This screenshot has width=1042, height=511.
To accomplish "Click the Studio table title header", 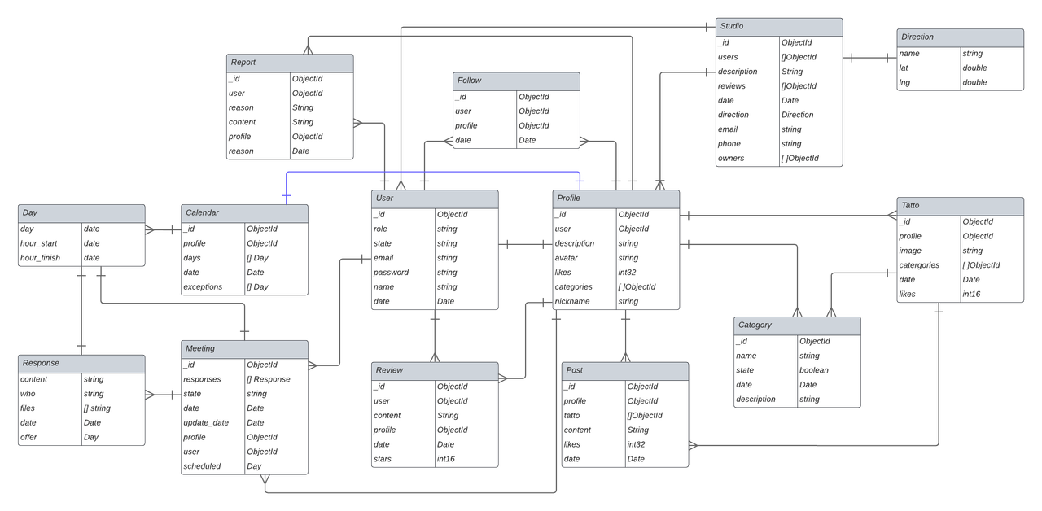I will tap(779, 27).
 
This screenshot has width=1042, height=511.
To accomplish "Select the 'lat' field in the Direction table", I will tap(904, 68).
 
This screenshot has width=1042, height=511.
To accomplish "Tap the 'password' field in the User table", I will tap(391, 273).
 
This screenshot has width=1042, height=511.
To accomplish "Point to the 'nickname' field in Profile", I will tap(573, 302).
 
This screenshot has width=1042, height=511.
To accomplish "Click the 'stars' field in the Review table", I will tap(382, 460).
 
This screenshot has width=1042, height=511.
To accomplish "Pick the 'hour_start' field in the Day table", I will tap(38, 243).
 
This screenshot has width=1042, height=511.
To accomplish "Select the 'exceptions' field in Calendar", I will tap(203, 287).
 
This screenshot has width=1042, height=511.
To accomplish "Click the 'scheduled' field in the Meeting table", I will tap(202, 466).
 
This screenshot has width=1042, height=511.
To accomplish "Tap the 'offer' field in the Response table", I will tap(29, 438).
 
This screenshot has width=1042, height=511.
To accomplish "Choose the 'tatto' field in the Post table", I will tap(572, 416).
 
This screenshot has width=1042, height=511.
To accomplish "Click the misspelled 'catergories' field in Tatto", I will tap(920, 265).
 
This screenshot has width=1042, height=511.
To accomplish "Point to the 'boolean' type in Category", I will tap(813, 370).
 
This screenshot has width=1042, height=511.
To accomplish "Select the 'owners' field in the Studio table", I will tap(730, 159).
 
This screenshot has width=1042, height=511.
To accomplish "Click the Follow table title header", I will tap(516, 81).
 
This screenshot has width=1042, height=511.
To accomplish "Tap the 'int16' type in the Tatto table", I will tap(973, 295).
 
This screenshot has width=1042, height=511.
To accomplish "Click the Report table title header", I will tap(290, 63).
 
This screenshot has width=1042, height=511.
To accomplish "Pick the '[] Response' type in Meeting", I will tap(268, 379).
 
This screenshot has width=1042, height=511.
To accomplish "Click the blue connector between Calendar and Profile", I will tap(431, 172).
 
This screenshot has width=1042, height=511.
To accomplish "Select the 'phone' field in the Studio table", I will tap(729, 144).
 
